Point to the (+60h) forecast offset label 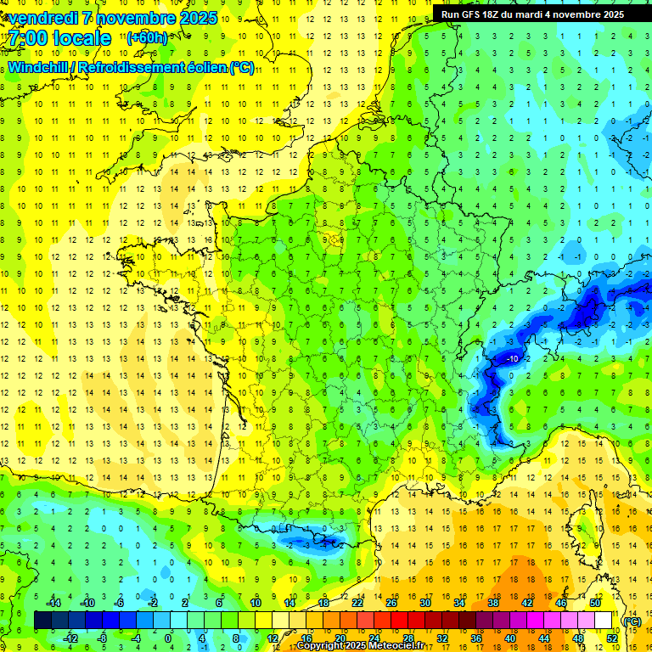coord(146,37)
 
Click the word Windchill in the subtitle coord(37,67)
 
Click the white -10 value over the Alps coord(512,359)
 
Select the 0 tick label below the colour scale coord(167,638)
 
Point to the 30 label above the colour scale coord(424,603)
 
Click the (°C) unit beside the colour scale coord(632,621)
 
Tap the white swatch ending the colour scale coord(604,621)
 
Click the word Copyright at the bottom coord(320,646)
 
